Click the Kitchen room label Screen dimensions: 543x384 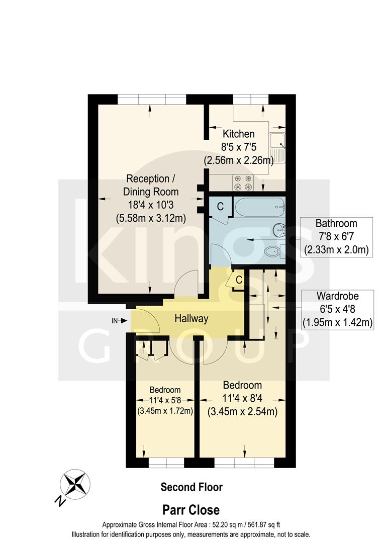[x=239, y=134]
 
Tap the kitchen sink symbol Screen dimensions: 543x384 [x=277, y=146]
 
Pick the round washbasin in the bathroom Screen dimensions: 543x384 [x=279, y=231]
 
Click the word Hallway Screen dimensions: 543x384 [x=191, y=318]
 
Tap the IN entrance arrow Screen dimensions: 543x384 [x=119, y=320]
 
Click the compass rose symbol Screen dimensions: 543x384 [x=75, y=484]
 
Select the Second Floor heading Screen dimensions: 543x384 [x=191, y=487]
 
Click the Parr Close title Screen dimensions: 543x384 [x=191, y=510]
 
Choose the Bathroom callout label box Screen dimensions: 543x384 [x=336, y=237]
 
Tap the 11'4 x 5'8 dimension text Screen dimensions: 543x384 [x=165, y=401]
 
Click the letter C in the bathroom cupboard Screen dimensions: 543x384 [x=220, y=206]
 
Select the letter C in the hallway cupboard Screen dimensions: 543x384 [x=239, y=280]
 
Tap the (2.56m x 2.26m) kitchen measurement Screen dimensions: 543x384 [x=239, y=161]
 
